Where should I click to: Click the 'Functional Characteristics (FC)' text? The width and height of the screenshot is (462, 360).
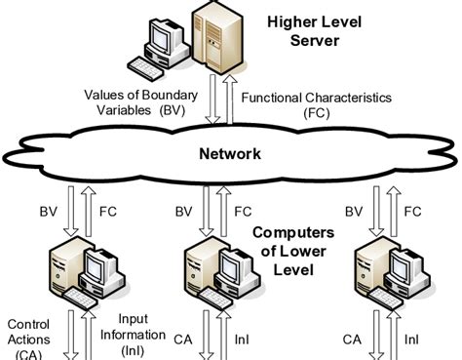(x=317, y=104)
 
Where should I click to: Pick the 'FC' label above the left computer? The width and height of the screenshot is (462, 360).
(x=108, y=211)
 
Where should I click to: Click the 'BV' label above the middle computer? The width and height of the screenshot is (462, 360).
(x=183, y=211)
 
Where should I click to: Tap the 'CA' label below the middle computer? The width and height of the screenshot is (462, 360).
(x=181, y=339)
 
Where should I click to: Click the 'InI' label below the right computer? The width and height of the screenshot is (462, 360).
(x=412, y=339)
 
